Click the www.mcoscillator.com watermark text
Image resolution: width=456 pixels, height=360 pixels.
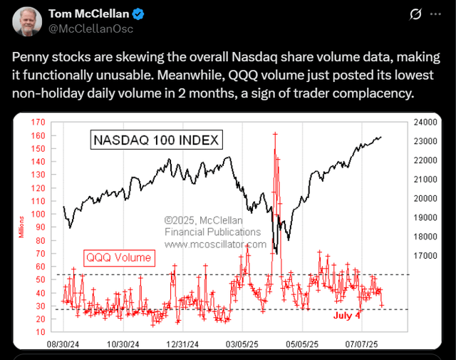click(215, 245)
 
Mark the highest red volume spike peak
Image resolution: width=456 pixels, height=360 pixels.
click(274, 134)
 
